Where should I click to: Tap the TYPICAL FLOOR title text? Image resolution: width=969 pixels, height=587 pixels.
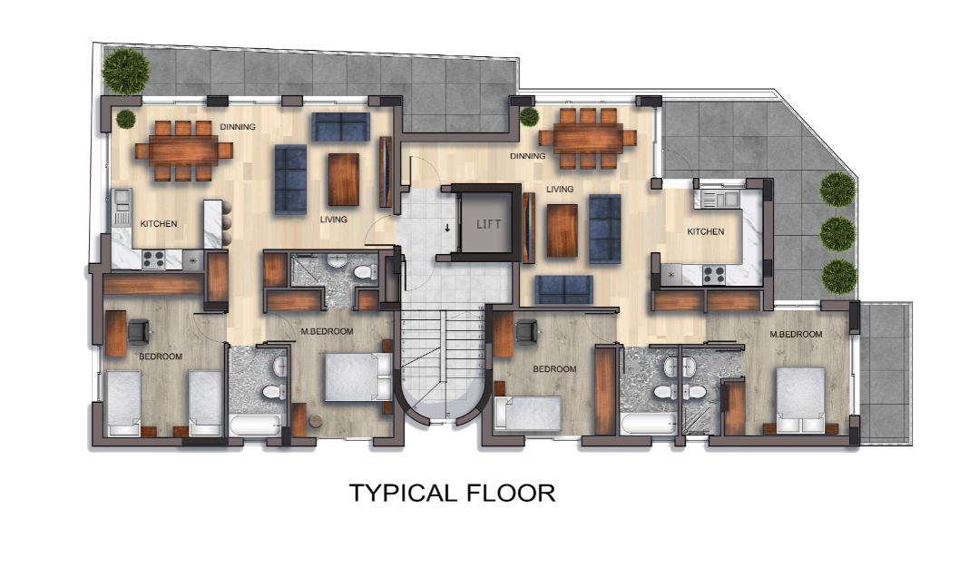coord(452,494)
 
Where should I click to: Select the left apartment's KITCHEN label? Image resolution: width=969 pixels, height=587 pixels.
coord(158,224)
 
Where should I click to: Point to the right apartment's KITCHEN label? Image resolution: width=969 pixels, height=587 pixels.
coord(705,231)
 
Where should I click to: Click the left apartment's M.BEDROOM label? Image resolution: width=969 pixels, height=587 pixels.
coord(327,332)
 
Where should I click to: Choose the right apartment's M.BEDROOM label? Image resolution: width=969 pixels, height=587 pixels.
coord(796,334)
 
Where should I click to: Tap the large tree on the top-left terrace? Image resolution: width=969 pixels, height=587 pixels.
coord(125,68)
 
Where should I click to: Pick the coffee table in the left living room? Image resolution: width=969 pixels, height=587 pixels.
coord(343,179)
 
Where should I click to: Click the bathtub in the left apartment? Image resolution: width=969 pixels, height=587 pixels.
coord(256,426)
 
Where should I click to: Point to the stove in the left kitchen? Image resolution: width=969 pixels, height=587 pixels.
coord(152,259)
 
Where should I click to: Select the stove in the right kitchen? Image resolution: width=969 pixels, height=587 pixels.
coord(714,273)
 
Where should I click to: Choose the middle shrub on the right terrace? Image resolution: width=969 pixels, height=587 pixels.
coord(837,233)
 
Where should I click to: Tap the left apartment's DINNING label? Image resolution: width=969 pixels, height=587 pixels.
coord(238,127)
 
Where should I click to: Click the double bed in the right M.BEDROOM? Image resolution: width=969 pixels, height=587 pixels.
coord(800,397)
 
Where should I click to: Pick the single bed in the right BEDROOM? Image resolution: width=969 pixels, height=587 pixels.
coord(528,415)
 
